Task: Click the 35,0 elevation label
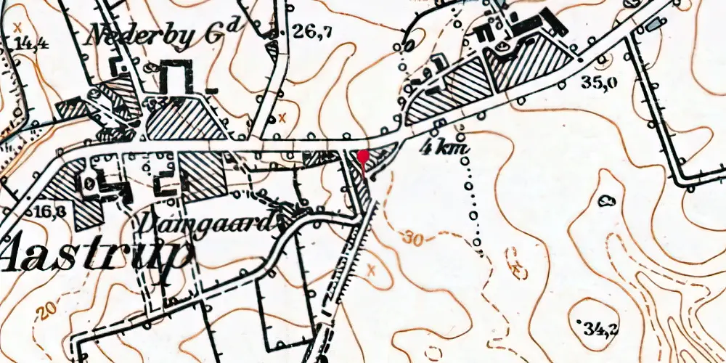click(600, 82)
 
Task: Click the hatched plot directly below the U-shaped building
click(186, 118)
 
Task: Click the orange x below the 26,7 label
click(282, 118)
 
